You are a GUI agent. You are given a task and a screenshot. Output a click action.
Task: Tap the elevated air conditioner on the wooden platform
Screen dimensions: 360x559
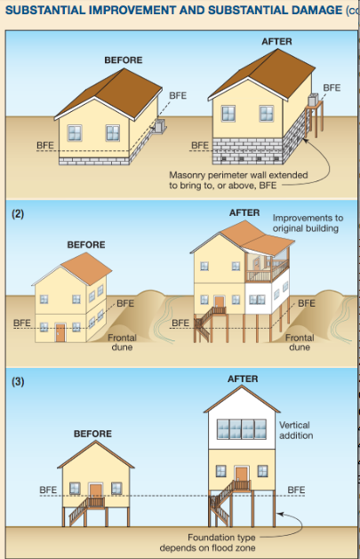point(313,100)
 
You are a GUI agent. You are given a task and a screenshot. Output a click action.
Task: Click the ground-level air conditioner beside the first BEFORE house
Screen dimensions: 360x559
point(159,125)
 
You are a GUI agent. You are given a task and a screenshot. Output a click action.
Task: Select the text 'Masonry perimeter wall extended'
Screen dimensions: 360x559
point(238,175)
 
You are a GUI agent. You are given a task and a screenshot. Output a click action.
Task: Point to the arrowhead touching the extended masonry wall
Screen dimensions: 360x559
point(305,140)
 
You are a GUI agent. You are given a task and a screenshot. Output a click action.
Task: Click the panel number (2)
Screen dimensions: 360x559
point(18,214)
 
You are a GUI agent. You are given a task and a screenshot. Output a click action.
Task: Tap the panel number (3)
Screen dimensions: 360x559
point(18,382)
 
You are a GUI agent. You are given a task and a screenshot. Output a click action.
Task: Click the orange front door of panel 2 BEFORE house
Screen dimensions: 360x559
point(60,332)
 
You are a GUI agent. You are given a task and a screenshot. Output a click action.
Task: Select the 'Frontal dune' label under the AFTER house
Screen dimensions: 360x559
point(300,342)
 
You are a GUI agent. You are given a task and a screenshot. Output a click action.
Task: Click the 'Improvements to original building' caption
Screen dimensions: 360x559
point(308,223)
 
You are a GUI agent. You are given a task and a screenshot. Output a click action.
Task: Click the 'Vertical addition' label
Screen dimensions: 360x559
point(296,430)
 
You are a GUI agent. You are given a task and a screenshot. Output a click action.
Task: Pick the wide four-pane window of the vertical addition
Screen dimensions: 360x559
point(242,429)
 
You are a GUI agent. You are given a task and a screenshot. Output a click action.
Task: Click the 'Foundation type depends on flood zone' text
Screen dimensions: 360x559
point(207,542)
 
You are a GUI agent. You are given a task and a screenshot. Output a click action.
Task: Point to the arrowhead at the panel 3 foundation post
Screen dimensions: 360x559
point(280,514)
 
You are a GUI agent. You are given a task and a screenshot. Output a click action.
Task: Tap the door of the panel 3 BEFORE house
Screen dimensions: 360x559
point(95,491)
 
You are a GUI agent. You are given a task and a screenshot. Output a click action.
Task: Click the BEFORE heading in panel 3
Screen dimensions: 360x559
point(92,434)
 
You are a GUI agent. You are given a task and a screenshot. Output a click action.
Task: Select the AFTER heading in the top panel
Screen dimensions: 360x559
point(276,42)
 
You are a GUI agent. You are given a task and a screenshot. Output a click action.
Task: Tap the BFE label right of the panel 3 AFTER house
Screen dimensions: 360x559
point(296,491)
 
